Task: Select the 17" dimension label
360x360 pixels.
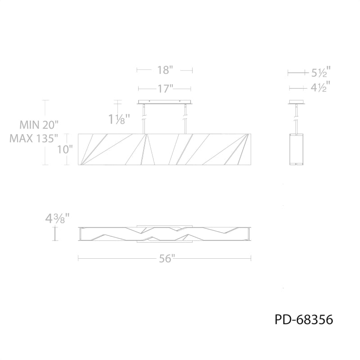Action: point(165,89)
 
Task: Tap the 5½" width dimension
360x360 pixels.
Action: point(321,72)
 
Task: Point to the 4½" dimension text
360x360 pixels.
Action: point(320,87)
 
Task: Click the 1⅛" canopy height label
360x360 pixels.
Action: point(119,119)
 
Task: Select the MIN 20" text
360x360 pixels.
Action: point(39,125)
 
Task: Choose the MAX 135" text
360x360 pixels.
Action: point(34,139)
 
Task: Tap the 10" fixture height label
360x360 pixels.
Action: point(65,150)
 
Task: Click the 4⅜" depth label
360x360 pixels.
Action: point(58,219)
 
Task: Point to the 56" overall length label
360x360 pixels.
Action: point(166,259)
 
